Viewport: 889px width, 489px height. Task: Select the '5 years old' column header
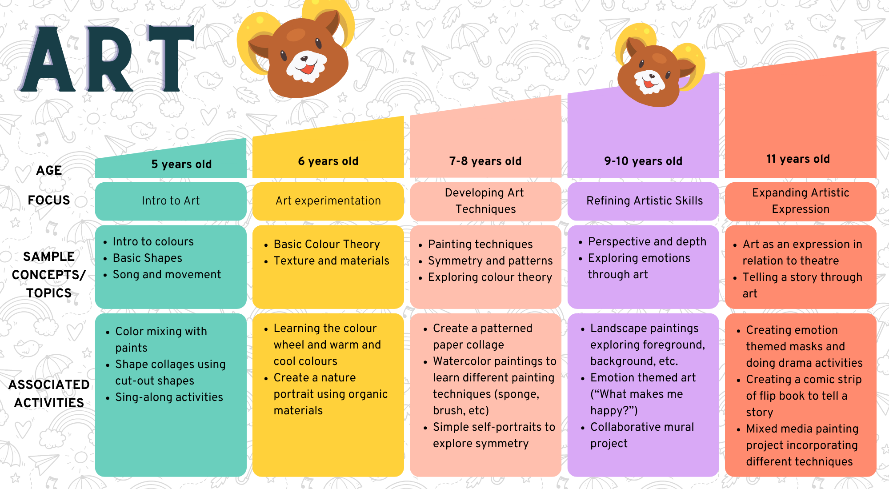click(x=181, y=164)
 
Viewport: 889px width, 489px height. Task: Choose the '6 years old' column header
click(x=328, y=161)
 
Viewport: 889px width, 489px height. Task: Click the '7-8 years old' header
click(x=485, y=161)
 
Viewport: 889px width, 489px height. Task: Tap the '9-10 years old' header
click(x=643, y=161)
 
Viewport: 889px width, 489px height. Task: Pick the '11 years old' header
click(x=798, y=159)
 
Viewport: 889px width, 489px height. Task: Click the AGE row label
click(x=49, y=170)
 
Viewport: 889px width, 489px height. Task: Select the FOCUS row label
click(x=49, y=200)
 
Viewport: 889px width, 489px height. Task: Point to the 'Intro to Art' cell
click(x=171, y=200)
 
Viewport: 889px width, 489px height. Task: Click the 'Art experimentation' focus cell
click(x=328, y=200)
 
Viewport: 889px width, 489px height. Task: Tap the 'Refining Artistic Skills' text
click(x=645, y=200)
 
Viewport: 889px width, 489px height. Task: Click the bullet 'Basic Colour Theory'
click(x=327, y=244)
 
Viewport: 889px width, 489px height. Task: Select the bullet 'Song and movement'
click(x=167, y=274)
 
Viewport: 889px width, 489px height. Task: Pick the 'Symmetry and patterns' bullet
click(x=490, y=261)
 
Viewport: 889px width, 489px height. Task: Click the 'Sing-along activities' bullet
click(x=169, y=397)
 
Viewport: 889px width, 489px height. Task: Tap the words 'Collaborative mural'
click(x=642, y=427)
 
